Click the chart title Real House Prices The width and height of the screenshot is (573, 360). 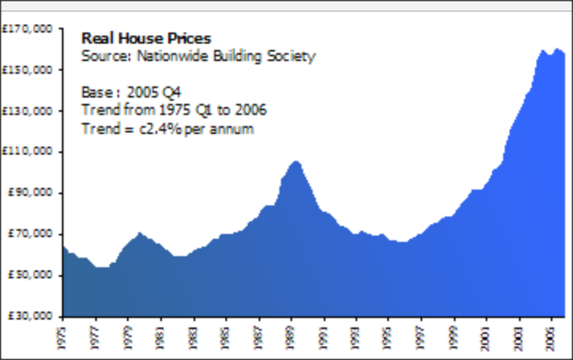tap(146, 38)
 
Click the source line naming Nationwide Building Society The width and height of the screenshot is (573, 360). tap(198, 56)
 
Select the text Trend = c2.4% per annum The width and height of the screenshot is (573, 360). tap(167, 128)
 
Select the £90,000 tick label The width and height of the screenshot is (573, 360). tap(29, 193)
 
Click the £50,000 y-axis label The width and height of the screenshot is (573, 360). tap(29, 274)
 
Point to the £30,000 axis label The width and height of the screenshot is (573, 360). tap(29, 316)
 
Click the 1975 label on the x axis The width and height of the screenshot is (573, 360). tap(63, 332)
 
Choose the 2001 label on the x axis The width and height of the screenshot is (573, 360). tap(487, 332)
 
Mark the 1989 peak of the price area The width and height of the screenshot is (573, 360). tap(295, 162)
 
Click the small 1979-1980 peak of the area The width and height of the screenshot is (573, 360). tap(139, 233)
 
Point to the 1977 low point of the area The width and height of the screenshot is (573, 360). tap(102, 267)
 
